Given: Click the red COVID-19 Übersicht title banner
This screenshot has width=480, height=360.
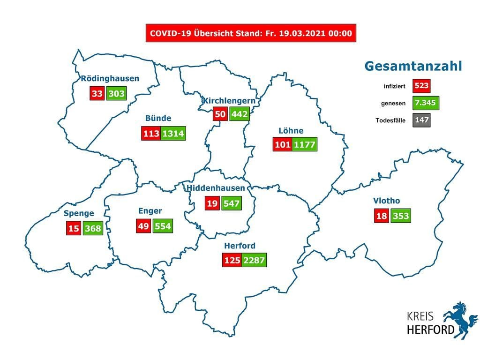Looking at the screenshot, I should click(x=251, y=33).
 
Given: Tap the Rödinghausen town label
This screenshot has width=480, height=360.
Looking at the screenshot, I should click(x=110, y=78).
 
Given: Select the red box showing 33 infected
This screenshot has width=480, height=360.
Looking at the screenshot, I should click(x=97, y=93).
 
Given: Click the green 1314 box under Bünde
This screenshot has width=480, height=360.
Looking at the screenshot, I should click(x=173, y=133).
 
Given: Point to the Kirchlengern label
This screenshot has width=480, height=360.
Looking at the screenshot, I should click(x=229, y=100).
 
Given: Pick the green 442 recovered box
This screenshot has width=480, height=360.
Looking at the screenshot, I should click(x=240, y=114).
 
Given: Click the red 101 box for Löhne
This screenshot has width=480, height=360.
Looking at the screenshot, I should click(x=283, y=144).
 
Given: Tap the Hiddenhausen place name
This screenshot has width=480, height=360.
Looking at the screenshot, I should click(x=216, y=188).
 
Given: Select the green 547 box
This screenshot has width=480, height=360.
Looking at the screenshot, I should click(x=232, y=203).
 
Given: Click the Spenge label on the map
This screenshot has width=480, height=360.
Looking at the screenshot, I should click(x=79, y=214).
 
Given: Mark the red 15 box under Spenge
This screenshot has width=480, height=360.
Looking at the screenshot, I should click(x=73, y=229).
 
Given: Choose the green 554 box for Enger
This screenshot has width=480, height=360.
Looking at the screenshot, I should click(x=161, y=226).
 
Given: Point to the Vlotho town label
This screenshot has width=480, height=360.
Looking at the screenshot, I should click(x=386, y=201).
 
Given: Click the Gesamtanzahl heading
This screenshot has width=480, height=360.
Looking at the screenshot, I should click(x=413, y=66).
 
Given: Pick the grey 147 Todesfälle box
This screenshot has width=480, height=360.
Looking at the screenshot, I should click(x=421, y=120).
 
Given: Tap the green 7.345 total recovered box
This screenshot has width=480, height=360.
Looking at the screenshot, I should click(x=426, y=103).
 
